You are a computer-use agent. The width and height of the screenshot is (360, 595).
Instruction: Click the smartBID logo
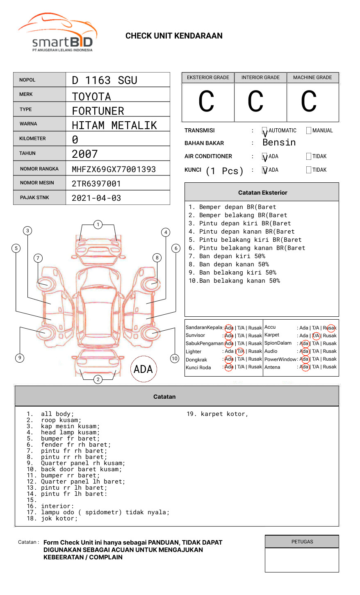(57, 33)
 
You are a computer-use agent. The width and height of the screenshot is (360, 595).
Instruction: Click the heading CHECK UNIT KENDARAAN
(174, 36)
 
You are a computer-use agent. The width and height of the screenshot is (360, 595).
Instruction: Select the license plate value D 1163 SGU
(105, 80)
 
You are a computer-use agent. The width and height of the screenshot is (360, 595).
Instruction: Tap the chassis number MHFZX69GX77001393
(114, 169)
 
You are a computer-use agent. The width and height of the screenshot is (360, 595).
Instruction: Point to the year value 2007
(85, 154)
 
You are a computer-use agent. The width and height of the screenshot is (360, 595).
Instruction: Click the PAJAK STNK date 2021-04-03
(96, 198)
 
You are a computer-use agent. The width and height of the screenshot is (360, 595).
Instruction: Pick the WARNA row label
(28, 124)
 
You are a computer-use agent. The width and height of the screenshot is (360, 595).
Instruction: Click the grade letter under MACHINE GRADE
(309, 102)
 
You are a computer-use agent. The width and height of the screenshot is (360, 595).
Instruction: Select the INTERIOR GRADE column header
(260, 77)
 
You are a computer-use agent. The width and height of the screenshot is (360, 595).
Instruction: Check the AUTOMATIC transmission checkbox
(265, 131)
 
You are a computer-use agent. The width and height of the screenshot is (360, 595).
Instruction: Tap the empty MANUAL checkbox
(309, 131)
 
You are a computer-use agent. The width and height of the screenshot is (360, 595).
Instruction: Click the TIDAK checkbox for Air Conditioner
(309, 157)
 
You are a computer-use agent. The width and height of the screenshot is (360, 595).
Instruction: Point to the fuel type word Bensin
(279, 143)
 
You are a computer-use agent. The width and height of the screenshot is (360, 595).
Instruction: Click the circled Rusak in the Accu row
(330, 328)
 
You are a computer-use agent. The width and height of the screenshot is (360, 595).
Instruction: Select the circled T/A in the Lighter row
(240, 351)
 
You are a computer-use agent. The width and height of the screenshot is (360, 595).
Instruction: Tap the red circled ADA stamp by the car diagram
(143, 369)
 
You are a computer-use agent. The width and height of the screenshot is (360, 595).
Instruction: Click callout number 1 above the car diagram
(98, 225)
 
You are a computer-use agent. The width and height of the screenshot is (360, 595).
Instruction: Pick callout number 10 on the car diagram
(175, 359)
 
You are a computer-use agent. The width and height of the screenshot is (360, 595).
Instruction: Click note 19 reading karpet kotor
(217, 414)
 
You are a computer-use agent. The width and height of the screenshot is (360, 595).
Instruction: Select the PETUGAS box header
(302, 542)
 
